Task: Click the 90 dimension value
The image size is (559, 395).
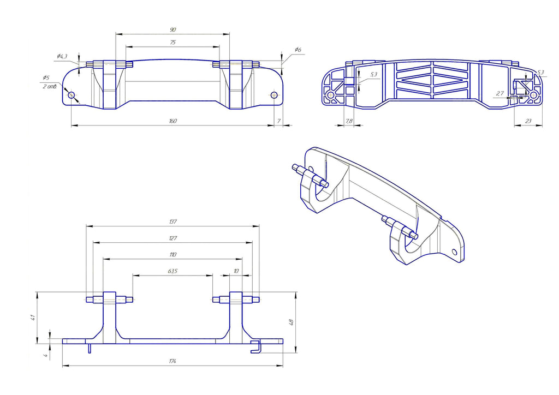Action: pos(173,29)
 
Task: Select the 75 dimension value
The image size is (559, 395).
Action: pos(173,43)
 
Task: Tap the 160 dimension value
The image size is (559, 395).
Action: pos(173,121)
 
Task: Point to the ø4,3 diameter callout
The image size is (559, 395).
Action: pos(62,56)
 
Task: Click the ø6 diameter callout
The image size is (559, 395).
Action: pos(298,50)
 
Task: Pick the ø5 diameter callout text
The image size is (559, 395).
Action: pos(46,77)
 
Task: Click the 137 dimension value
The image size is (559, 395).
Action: pos(173,222)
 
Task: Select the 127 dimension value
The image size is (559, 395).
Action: pos(173,238)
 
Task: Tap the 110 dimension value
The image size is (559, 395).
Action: pos(173,254)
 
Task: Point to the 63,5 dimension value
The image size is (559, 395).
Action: pos(173,271)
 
